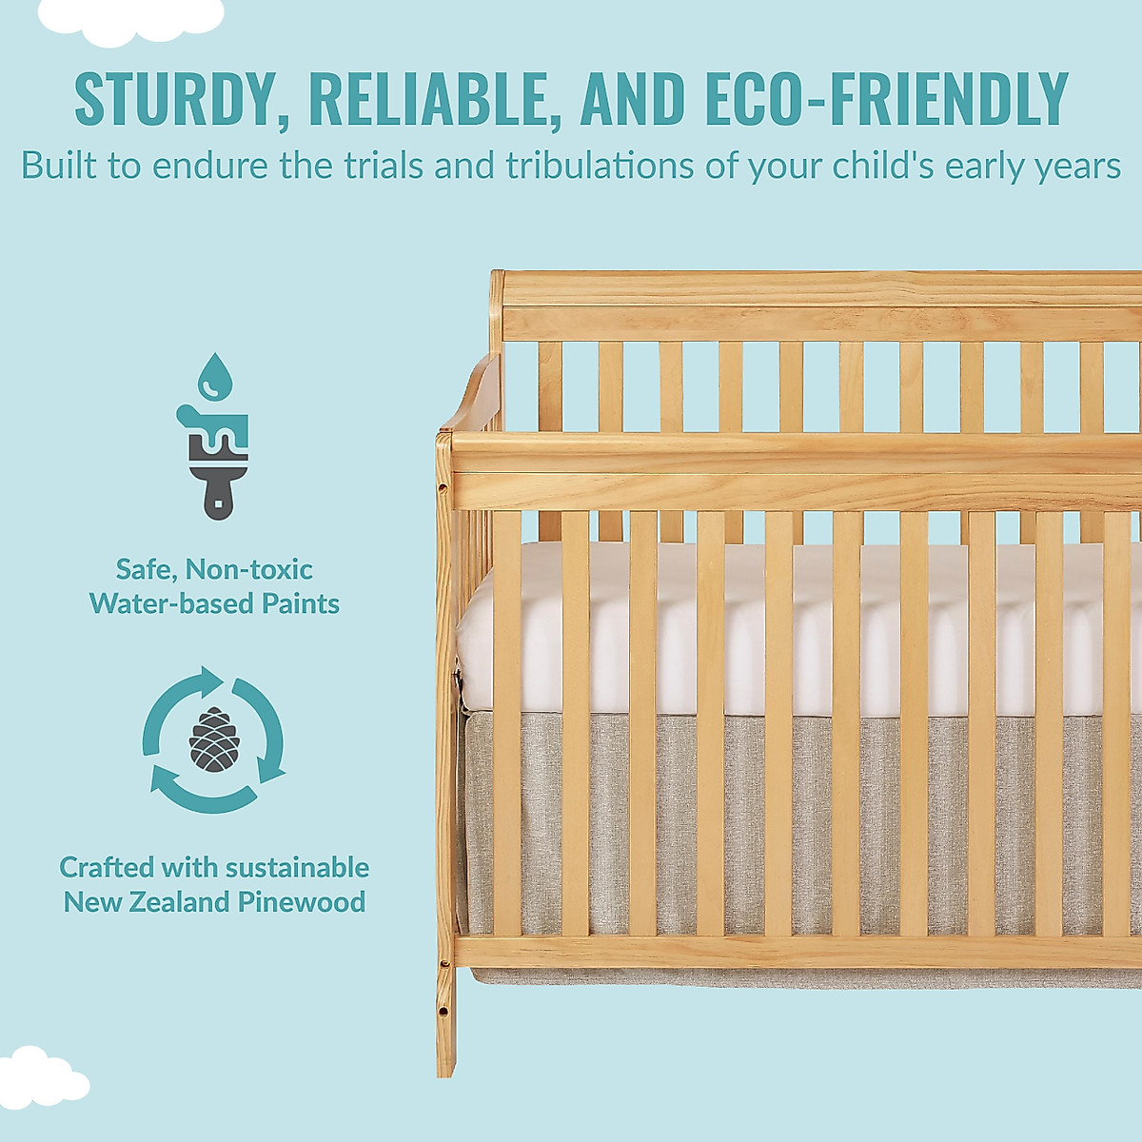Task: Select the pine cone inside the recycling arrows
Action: (x=213, y=738)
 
